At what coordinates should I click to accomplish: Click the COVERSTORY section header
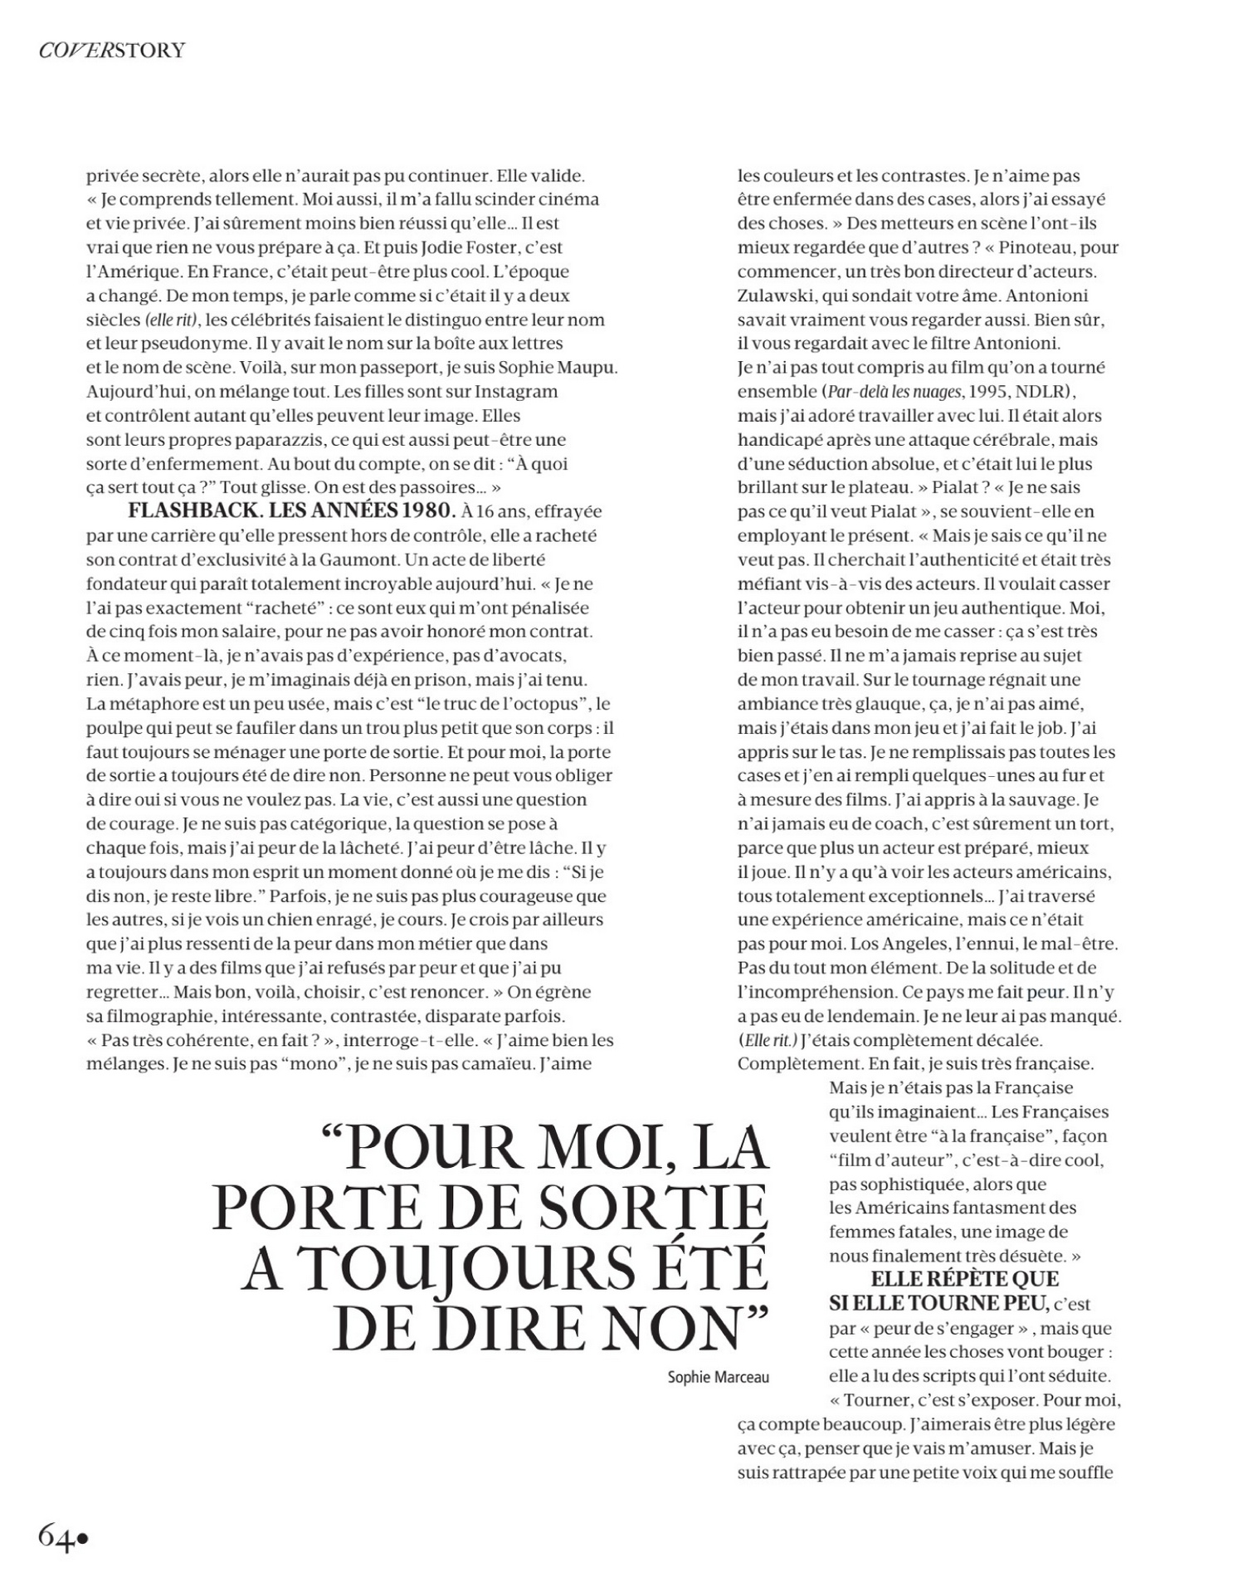[x=112, y=51]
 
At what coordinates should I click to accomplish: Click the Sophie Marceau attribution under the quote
[x=718, y=1377]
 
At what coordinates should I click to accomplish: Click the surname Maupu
[x=588, y=367]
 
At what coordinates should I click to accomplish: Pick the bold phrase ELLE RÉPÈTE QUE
[x=964, y=1279]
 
